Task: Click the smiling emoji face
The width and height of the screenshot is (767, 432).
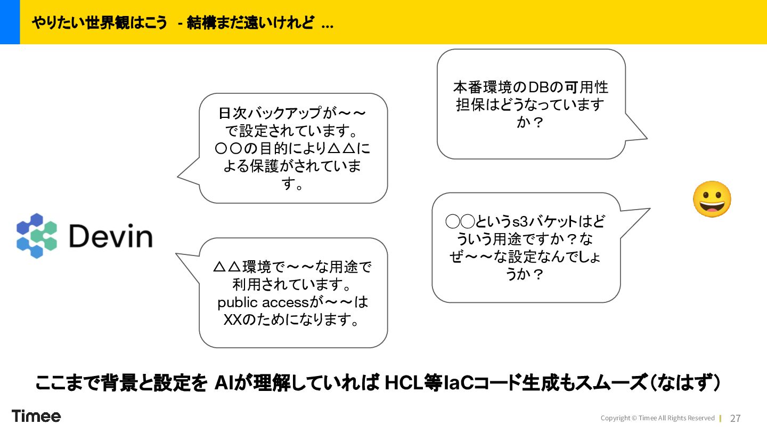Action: tap(712, 199)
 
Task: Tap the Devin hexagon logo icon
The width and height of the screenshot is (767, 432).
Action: tap(36, 236)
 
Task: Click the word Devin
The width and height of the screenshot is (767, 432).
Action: tap(111, 236)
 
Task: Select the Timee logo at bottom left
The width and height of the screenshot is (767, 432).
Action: tap(36, 416)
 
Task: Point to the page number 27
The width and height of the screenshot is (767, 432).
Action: tap(735, 418)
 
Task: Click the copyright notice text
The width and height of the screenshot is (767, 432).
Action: tap(657, 418)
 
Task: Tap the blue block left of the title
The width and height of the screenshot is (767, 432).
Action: tap(10, 22)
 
